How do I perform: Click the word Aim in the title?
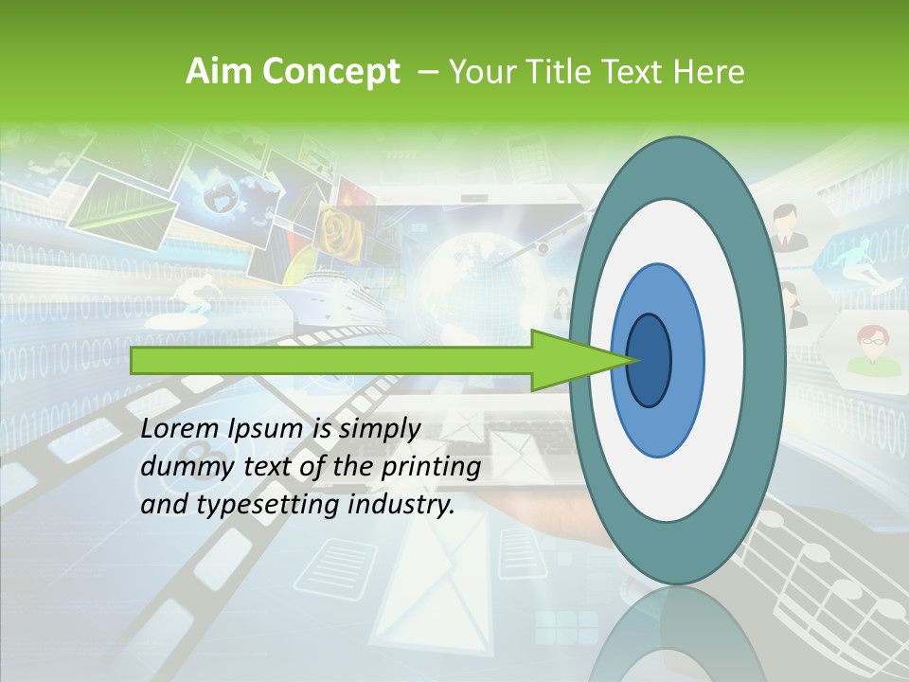(x=217, y=72)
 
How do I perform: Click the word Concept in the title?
(x=330, y=72)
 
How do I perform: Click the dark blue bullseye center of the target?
(x=650, y=361)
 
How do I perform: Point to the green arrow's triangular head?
(x=578, y=361)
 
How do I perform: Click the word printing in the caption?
(x=430, y=467)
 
